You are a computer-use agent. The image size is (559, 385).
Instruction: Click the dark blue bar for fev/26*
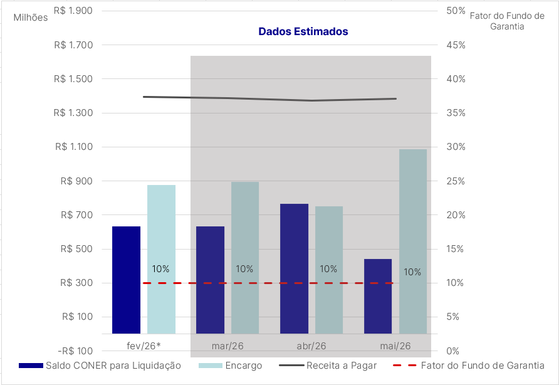(126, 280)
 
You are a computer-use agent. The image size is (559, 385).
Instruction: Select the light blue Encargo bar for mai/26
(413, 241)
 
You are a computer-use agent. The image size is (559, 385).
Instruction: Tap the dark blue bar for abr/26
(294, 268)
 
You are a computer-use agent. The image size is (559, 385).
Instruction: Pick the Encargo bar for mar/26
(245, 258)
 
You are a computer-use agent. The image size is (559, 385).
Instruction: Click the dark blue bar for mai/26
(378, 296)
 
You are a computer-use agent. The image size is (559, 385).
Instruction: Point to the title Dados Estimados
(303, 31)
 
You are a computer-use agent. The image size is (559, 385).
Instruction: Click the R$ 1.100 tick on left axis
(74, 147)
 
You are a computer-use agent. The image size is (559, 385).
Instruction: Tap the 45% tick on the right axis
(456, 45)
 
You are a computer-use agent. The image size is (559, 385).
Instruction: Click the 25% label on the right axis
(456, 181)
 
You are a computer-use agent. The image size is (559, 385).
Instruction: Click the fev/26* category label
(144, 345)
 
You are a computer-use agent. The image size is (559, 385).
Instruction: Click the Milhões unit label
(31, 18)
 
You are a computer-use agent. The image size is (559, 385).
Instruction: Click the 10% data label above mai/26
(412, 272)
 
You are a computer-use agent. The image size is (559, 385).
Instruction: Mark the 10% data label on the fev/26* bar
(160, 269)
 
